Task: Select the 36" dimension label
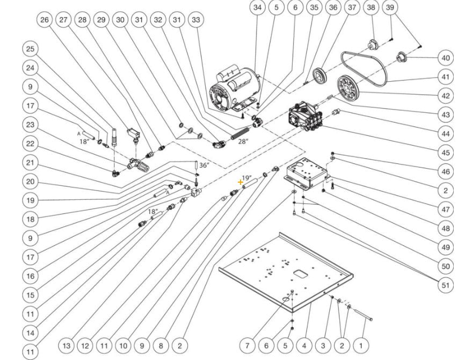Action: pyautogui.click(x=203, y=165)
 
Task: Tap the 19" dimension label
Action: pyautogui.click(x=246, y=177)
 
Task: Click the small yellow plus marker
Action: pyautogui.click(x=241, y=183)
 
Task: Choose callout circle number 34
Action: pyautogui.click(x=259, y=8)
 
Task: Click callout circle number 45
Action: pyautogui.click(x=445, y=153)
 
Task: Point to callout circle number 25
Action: pyautogui.click(x=31, y=49)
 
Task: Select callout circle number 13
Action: pyautogui.click(x=66, y=345)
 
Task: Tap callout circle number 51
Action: pyautogui.click(x=445, y=285)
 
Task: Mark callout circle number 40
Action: pyautogui.click(x=445, y=58)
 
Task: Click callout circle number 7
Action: pyautogui.click(x=248, y=345)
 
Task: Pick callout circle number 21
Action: pyautogui.click(x=31, y=163)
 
